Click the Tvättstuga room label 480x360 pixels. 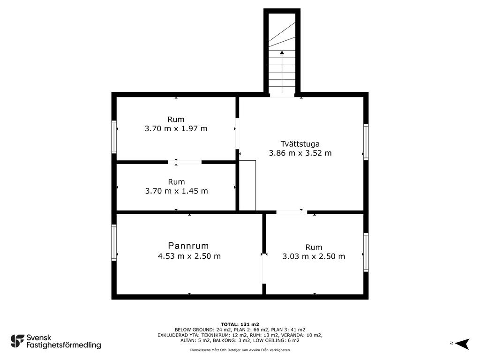300,144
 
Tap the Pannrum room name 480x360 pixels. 188,246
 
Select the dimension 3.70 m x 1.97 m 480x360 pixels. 176,128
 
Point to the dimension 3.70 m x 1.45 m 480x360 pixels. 176,191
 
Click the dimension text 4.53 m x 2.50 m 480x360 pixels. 189,256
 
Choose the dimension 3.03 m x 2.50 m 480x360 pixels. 314,256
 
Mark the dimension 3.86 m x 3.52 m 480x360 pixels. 300,153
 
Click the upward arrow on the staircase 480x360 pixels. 282,72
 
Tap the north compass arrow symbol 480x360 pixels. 462,344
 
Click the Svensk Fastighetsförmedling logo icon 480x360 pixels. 17,341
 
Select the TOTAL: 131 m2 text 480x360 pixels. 240,324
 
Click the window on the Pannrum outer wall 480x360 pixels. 114,242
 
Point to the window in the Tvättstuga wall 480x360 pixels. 366,142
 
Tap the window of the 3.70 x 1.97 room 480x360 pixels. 114,137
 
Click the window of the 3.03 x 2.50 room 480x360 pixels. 366,252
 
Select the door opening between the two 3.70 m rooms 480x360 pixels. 185,162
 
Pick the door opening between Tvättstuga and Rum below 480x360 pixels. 292,212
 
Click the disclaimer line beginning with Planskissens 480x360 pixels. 240,350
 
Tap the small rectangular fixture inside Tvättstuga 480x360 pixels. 247,186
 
